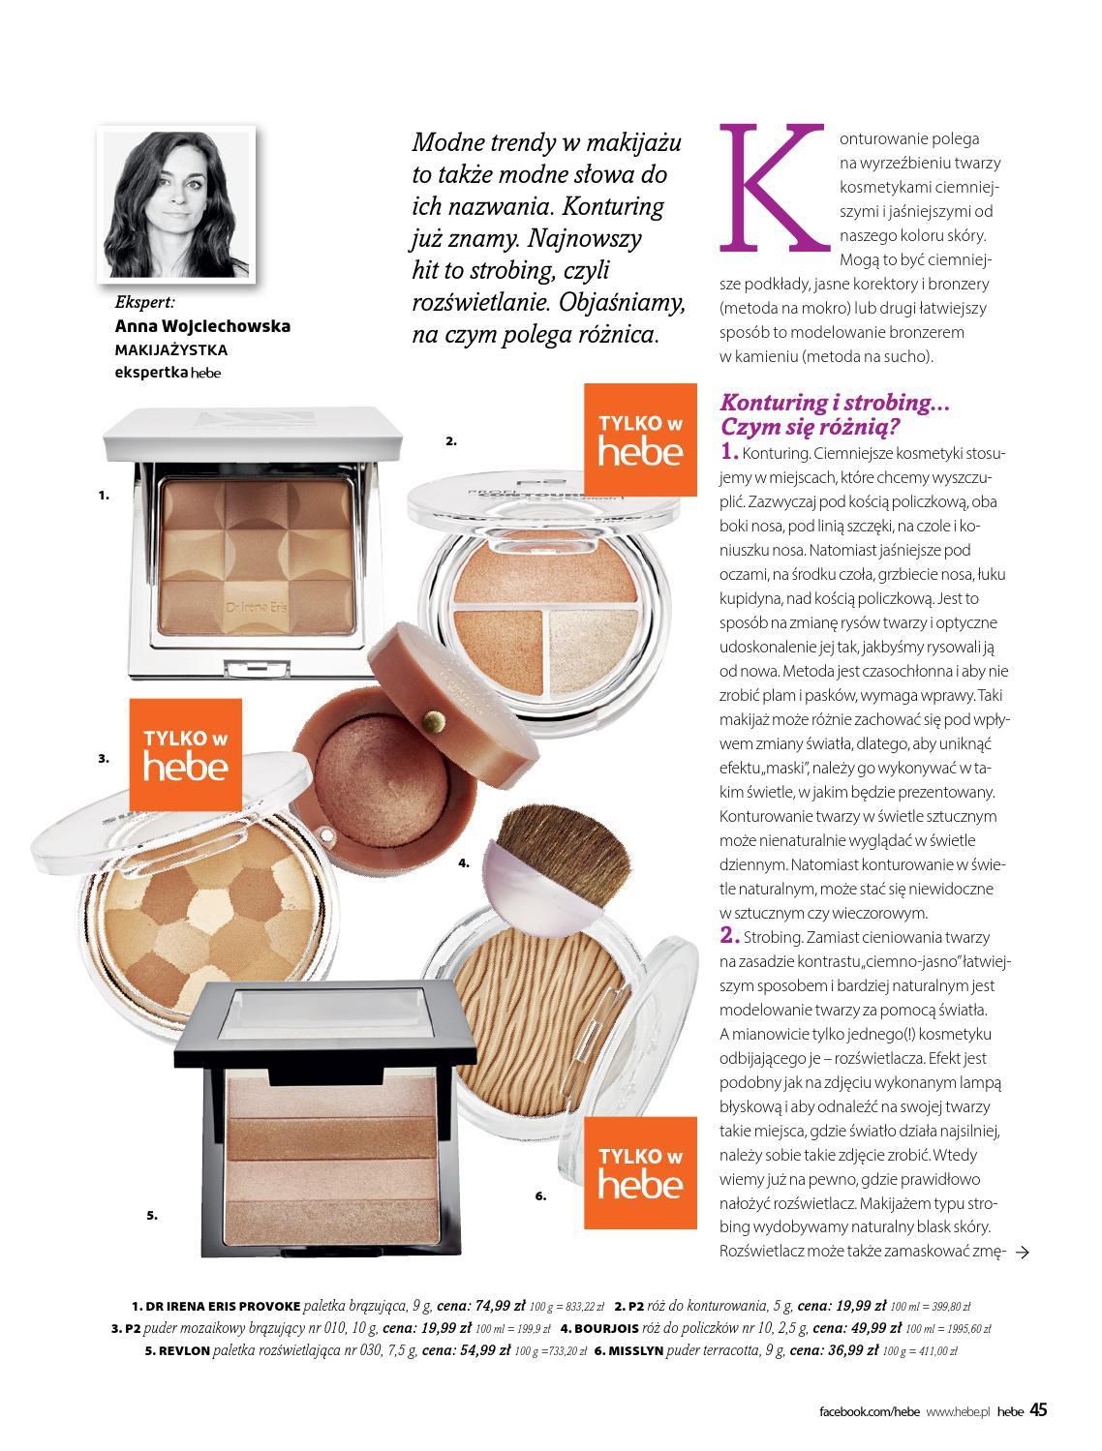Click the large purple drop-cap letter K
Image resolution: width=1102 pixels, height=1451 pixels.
click(x=774, y=188)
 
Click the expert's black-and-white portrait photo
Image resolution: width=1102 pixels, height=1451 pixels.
click(x=176, y=204)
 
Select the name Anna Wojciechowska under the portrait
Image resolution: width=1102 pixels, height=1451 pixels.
click(x=202, y=326)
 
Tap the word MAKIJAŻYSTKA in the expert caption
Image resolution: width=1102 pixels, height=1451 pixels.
click(x=171, y=349)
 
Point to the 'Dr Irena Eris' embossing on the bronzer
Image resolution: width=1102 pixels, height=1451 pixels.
click(x=257, y=607)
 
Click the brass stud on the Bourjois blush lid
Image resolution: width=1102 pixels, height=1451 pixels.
click(x=434, y=720)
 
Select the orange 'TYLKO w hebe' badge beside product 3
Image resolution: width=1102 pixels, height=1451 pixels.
click(x=186, y=754)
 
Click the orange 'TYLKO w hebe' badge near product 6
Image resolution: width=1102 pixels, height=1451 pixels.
click(x=640, y=1172)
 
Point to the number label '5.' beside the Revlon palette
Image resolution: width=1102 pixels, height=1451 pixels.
click(x=152, y=1215)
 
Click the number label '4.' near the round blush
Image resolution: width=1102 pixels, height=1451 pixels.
click(x=464, y=862)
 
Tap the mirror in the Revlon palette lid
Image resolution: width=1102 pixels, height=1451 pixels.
click(x=325, y=1013)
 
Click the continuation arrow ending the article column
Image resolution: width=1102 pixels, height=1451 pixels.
click(x=1022, y=1252)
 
